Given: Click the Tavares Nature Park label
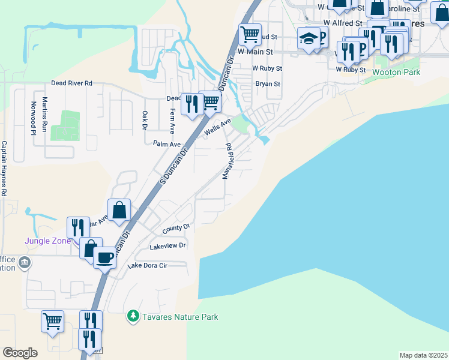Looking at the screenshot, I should click(x=180, y=317).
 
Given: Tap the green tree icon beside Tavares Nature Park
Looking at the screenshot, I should click(x=133, y=316).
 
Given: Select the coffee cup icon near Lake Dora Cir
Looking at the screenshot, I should click(x=105, y=258).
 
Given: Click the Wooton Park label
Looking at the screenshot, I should click(x=396, y=72).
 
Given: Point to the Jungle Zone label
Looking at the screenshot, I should click(x=47, y=241).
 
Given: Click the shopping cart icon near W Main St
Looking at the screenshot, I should click(x=249, y=34).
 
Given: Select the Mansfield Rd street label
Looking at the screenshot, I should click(x=228, y=161).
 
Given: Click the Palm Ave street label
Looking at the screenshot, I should click(x=167, y=144).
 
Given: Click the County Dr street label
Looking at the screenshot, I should click(x=176, y=228).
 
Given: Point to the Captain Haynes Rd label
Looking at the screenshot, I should click(x=4, y=169).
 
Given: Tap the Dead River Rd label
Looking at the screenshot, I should click(x=71, y=83).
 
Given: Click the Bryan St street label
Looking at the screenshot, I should click(x=268, y=84).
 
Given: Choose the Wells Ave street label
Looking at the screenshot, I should click(x=217, y=126).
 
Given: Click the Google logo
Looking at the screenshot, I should click(x=20, y=352).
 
